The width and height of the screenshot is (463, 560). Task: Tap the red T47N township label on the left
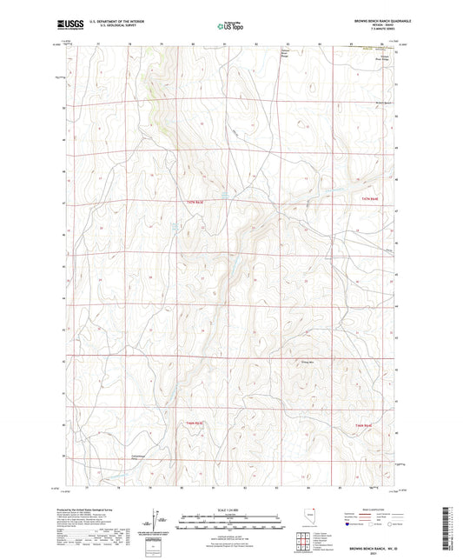[195, 203]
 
